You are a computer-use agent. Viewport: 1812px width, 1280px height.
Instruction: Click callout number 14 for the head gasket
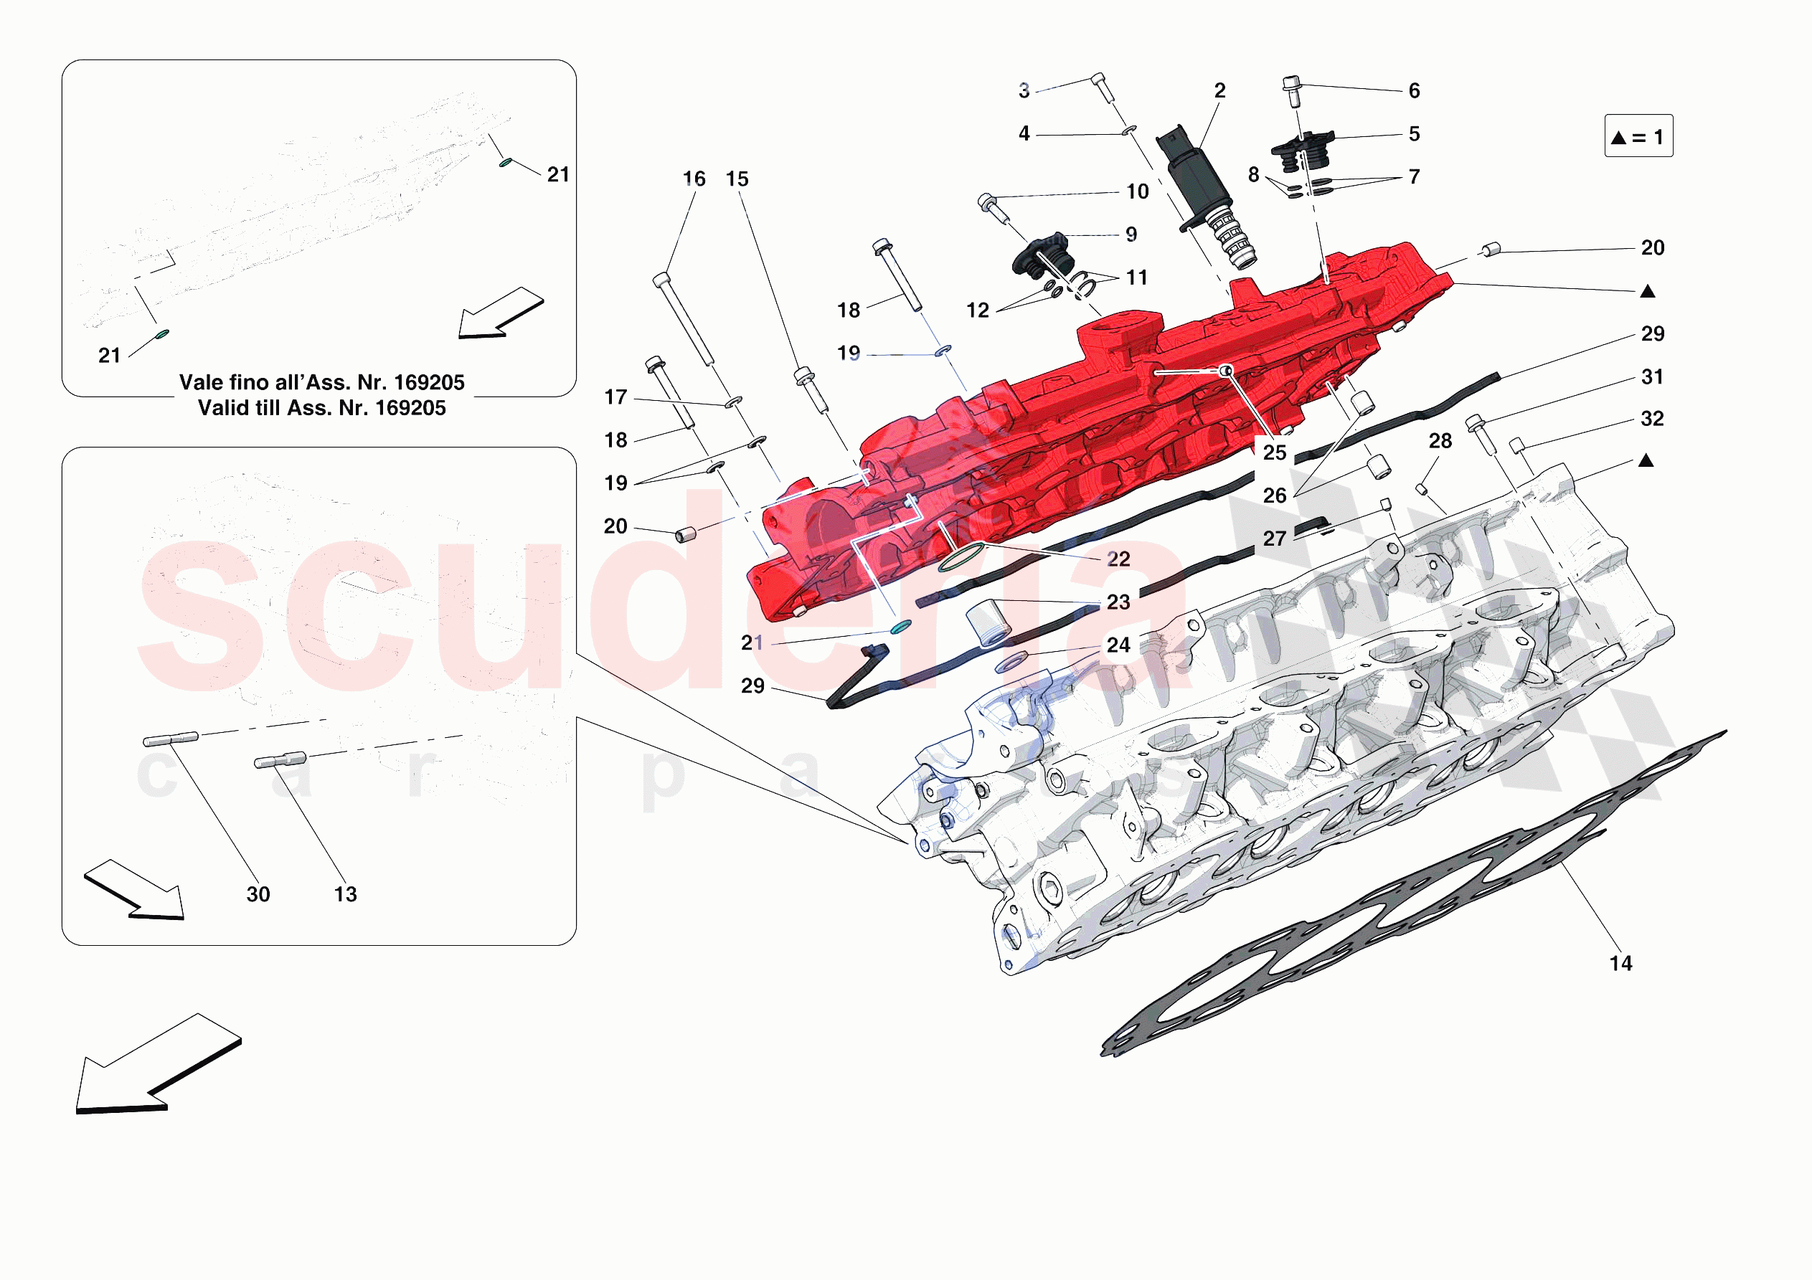click(x=1620, y=964)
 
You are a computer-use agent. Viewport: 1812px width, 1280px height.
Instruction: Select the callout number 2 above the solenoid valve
click(x=1219, y=91)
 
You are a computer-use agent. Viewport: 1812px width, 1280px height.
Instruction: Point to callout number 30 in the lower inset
click(x=258, y=894)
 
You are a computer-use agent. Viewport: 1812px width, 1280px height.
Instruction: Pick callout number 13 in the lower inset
click(x=346, y=894)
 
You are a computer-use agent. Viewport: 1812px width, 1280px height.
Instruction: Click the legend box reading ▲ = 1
click(x=1638, y=136)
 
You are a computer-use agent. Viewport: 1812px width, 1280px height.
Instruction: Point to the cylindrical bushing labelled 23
click(x=988, y=622)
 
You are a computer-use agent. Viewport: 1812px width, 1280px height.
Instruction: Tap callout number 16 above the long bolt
click(x=694, y=179)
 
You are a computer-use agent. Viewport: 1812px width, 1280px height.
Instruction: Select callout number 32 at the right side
click(x=1652, y=419)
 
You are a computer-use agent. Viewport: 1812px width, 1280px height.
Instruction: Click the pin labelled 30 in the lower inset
click(x=171, y=739)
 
